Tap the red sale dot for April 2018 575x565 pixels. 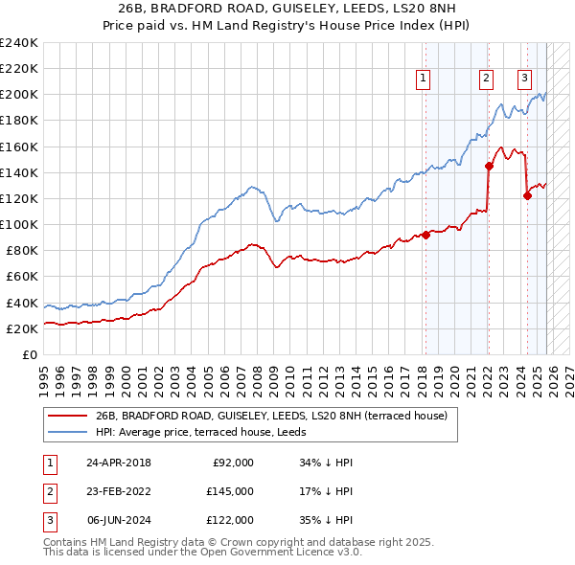425,236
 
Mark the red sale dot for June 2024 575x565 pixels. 527,196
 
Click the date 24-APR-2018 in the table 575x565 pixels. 118,463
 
